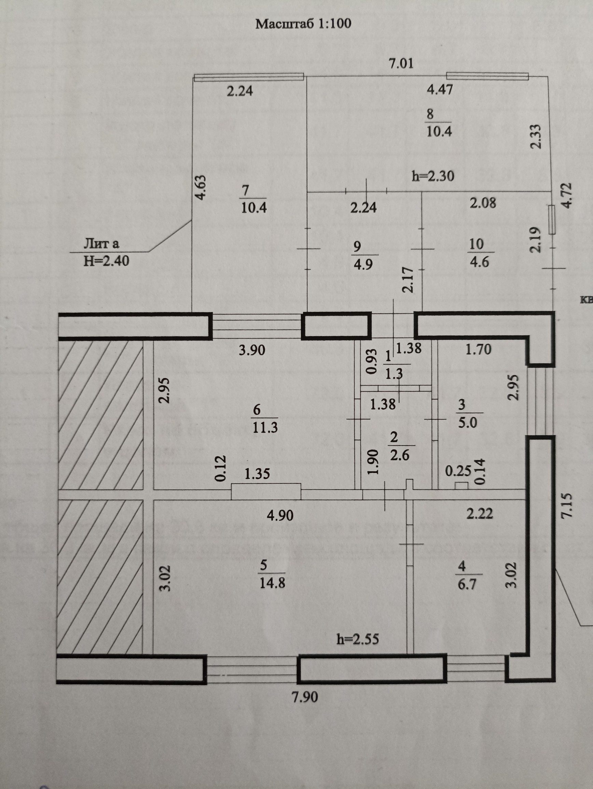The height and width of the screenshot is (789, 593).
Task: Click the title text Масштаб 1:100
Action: click(x=304, y=24)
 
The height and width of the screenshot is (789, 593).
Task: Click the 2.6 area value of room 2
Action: click(x=400, y=456)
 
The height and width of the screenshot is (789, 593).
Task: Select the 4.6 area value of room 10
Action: click(x=477, y=262)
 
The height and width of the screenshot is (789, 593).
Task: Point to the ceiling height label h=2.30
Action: click(x=433, y=176)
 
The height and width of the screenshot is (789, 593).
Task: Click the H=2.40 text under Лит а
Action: click(x=106, y=261)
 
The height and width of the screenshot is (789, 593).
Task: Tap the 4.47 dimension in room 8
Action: click(x=440, y=89)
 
